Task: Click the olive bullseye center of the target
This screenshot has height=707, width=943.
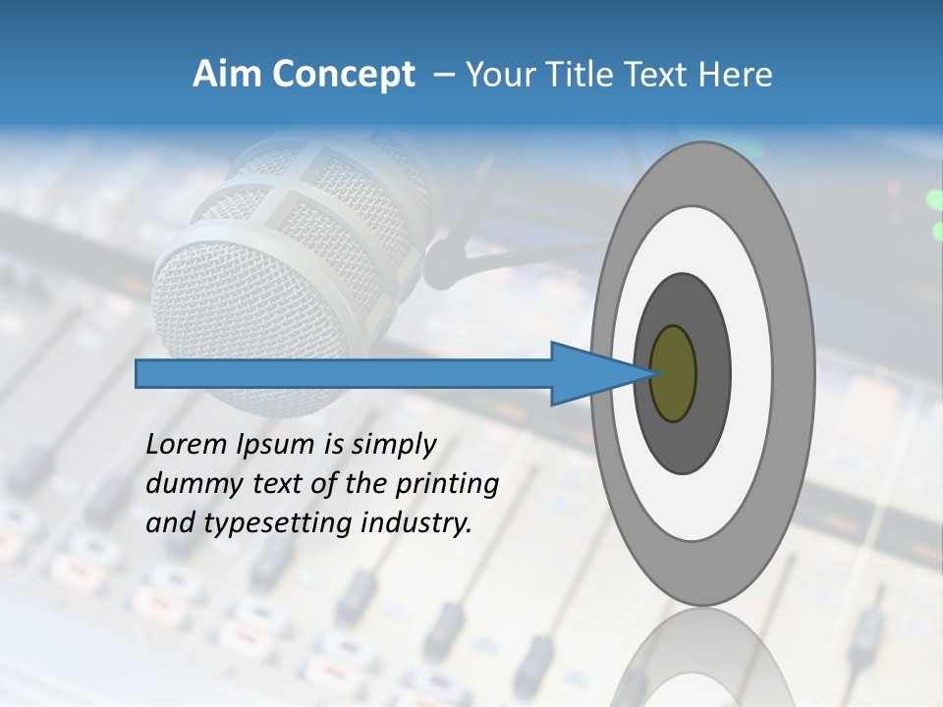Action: [x=674, y=374]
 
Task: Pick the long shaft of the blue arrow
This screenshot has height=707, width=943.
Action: [x=344, y=374]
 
